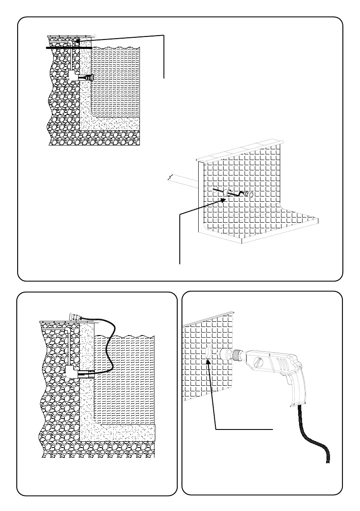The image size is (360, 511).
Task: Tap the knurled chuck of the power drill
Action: coord(235,355)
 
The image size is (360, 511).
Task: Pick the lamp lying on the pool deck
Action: coord(76,317)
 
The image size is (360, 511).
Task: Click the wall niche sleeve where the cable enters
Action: coord(86,374)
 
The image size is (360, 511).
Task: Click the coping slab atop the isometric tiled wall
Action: coord(240,150)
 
